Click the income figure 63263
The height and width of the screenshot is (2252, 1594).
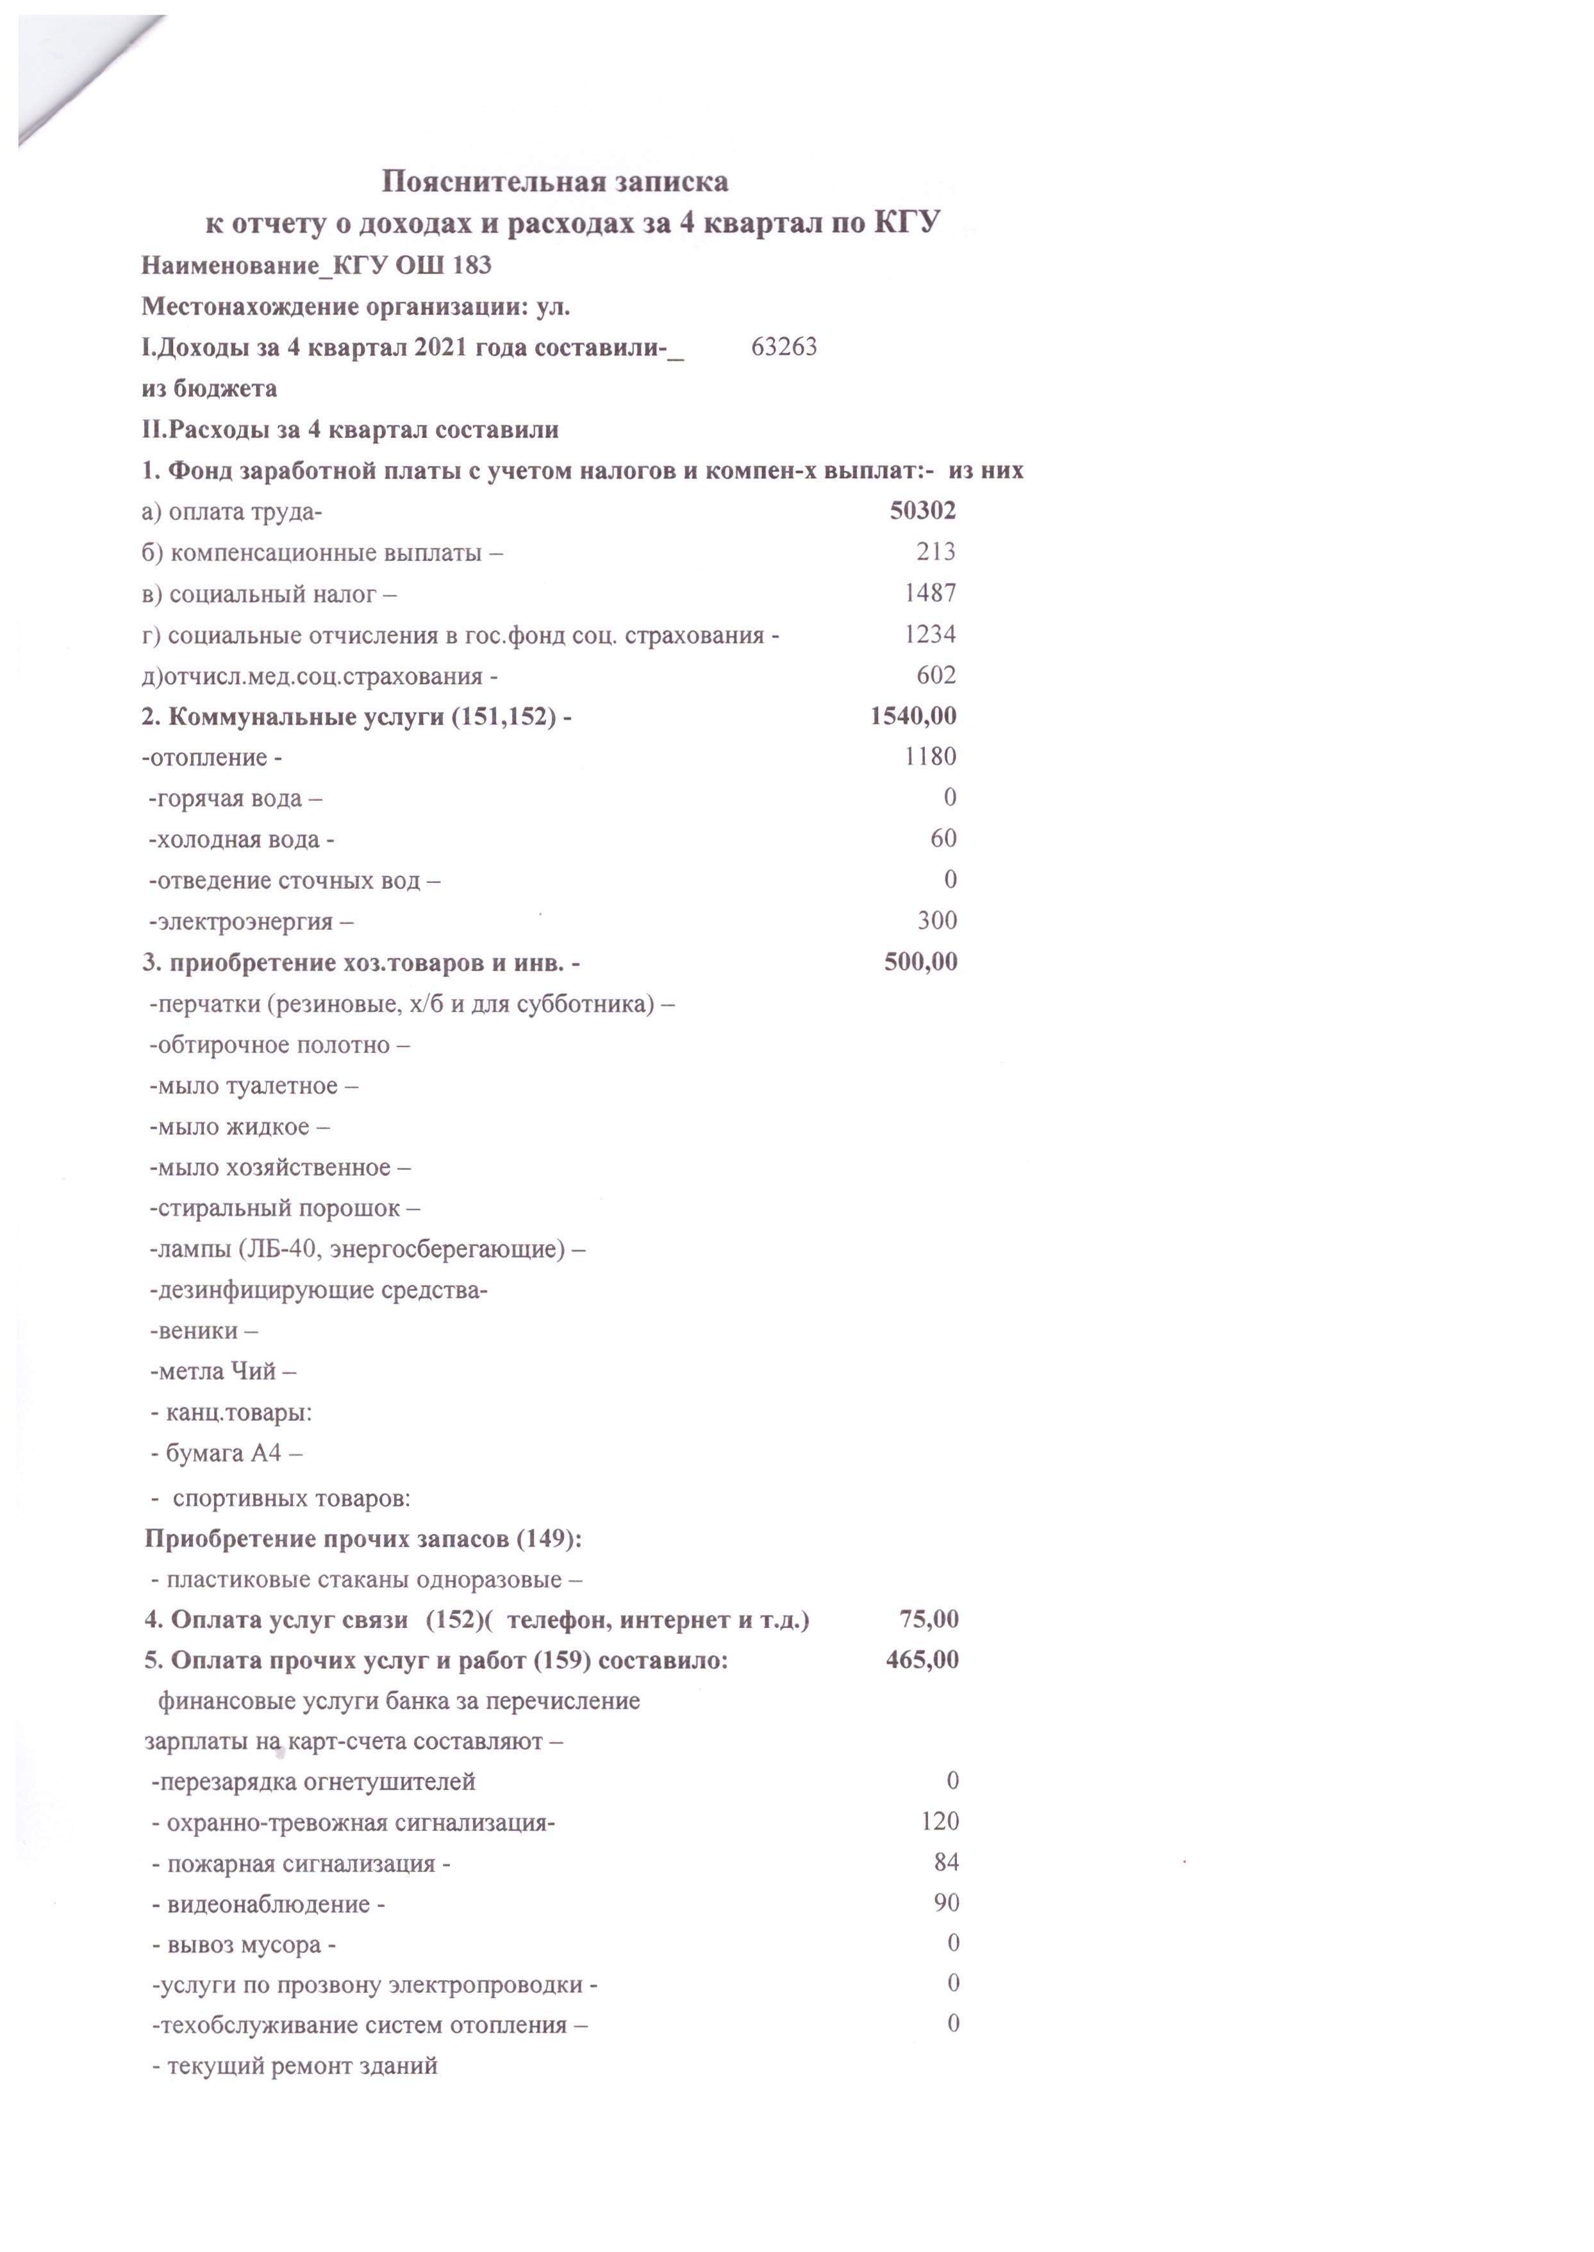point(783,346)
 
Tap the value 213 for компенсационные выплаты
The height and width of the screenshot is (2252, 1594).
point(935,551)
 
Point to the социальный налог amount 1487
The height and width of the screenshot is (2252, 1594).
point(929,593)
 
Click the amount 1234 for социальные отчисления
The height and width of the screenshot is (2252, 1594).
point(929,634)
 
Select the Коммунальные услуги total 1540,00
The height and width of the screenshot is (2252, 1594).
point(912,716)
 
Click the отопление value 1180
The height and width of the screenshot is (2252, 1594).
point(929,757)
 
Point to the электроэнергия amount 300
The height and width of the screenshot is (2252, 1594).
point(936,921)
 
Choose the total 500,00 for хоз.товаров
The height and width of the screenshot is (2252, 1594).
point(920,962)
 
